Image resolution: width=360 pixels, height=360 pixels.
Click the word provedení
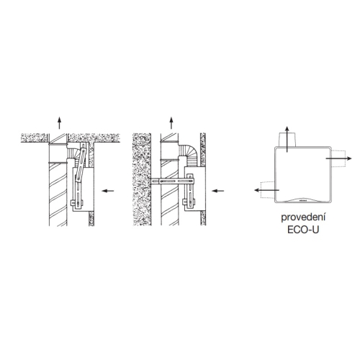pos(303,217)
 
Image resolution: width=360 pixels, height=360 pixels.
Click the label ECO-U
pos(303,230)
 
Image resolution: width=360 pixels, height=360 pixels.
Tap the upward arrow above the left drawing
pos(60,123)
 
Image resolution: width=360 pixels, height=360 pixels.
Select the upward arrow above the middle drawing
pos(171,123)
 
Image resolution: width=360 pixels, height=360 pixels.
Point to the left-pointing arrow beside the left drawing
pos(108,191)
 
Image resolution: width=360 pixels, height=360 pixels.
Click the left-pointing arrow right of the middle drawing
pos(218,191)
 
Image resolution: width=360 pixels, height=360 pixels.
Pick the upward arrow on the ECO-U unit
pos(287,139)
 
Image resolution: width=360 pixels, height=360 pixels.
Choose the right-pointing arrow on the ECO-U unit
pos(338,158)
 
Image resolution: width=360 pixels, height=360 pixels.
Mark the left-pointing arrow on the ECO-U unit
pos(266,190)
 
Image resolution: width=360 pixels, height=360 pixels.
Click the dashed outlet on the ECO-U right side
pos(338,158)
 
